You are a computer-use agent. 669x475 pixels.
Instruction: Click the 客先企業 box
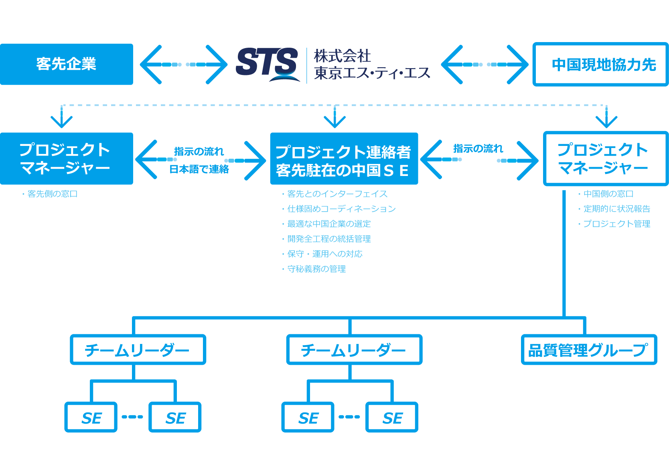click(x=66, y=64)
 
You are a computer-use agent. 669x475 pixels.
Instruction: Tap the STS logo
click(x=267, y=63)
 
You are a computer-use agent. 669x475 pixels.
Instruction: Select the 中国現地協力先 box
click(x=600, y=65)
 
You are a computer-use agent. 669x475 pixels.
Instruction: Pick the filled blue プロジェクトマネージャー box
click(x=66, y=158)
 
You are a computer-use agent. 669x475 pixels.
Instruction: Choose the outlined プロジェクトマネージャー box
click(x=605, y=159)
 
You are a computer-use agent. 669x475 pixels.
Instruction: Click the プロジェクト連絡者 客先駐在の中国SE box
click(x=344, y=159)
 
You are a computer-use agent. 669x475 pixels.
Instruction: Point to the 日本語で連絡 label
click(x=199, y=170)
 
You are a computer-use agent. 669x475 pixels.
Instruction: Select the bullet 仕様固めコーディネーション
click(x=341, y=209)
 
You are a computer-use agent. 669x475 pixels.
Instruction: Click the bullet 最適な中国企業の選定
click(x=329, y=224)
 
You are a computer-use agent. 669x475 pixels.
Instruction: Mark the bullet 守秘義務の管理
click(x=316, y=269)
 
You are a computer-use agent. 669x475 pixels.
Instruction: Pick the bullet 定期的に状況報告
click(x=616, y=209)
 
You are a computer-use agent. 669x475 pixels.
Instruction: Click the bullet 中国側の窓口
click(x=608, y=194)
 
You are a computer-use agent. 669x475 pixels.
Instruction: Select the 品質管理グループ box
click(x=588, y=350)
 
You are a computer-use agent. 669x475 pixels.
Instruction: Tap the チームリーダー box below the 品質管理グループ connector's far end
click(x=138, y=350)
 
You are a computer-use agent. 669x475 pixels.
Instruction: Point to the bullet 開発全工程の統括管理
click(x=329, y=239)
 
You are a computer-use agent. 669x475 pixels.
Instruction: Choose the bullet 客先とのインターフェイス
click(x=337, y=194)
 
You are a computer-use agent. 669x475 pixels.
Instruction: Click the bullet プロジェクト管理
click(x=616, y=224)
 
